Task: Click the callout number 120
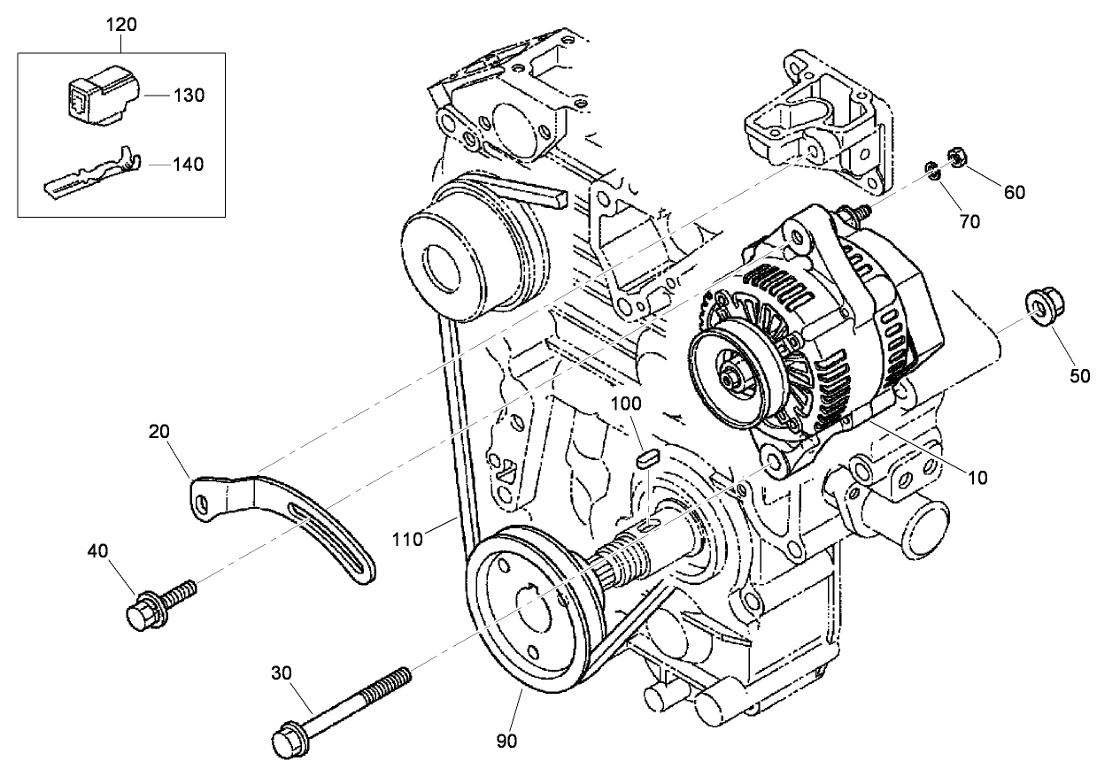[x=121, y=24]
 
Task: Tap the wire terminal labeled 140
[x=93, y=176]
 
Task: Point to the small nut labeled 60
[x=956, y=157]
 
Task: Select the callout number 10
[x=977, y=478]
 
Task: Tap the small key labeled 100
[x=645, y=458]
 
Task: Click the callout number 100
[x=626, y=404]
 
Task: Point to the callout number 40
[x=97, y=551]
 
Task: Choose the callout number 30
[x=282, y=673]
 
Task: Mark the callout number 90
[x=508, y=740]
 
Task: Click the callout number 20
[x=159, y=431]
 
